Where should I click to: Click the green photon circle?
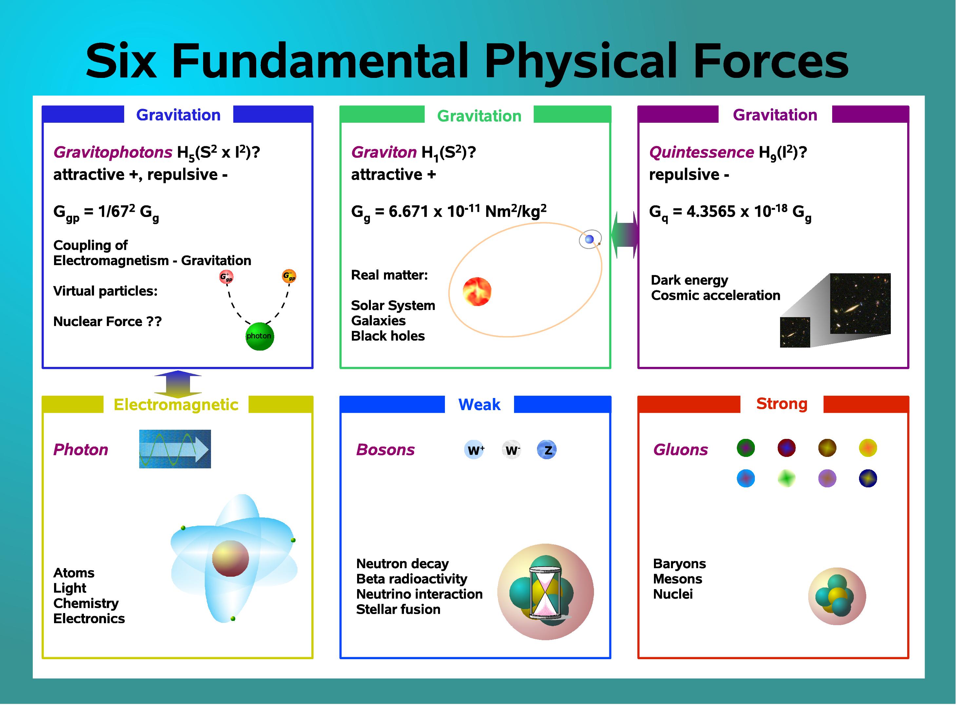(x=259, y=336)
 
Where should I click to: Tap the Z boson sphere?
(x=546, y=450)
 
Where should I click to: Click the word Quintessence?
(x=701, y=152)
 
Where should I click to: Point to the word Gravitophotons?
(x=112, y=152)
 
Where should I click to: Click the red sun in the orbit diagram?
(x=477, y=292)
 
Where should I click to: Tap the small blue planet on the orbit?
(x=589, y=239)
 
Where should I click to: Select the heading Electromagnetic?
(x=176, y=405)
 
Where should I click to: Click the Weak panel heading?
(x=479, y=404)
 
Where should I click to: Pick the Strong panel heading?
(x=781, y=404)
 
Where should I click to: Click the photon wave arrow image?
(x=175, y=449)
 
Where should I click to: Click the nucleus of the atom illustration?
(x=230, y=559)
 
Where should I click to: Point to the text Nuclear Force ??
(x=107, y=321)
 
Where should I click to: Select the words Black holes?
(x=388, y=336)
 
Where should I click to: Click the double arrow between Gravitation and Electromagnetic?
(x=178, y=384)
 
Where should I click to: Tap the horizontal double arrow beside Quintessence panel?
(x=624, y=235)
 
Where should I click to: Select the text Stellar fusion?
(x=398, y=609)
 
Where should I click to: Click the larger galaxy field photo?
(x=860, y=303)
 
